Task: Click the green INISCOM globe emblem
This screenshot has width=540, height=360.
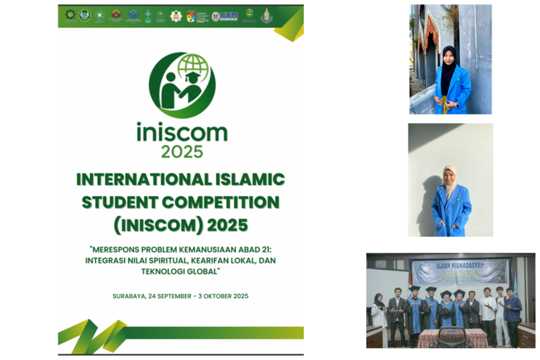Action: pyautogui.click(x=181, y=85)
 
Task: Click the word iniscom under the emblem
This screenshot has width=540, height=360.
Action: pyautogui.click(x=181, y=131)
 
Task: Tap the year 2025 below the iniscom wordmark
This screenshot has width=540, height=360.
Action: pyautogui.click(x=181, y=151)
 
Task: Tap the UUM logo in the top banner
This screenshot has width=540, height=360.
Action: pyautogui.click(x=228, y=15)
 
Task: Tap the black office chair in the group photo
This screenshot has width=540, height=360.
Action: pyautogui.click(x=451, y=336)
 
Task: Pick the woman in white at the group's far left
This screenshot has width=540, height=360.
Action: pyautogui.click(x=378, y=313)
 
